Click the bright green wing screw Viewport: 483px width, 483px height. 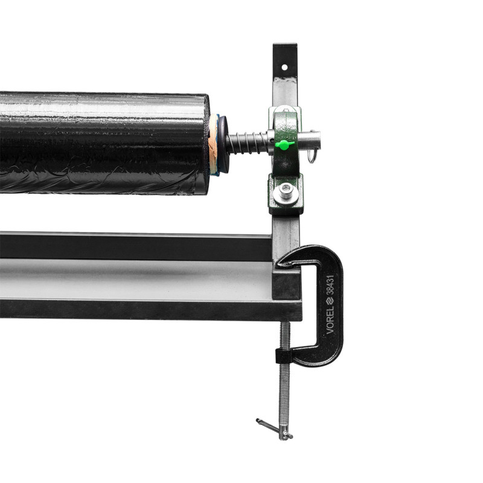[284, 144]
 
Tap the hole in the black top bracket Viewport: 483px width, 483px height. [284, 67]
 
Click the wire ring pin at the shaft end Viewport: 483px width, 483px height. [312, 155]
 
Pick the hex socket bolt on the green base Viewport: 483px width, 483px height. [286, 192]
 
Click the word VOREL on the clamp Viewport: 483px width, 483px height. [330, 320]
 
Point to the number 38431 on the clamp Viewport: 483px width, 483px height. [330, 285]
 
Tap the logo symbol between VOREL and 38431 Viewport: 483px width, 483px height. [330, 300]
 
